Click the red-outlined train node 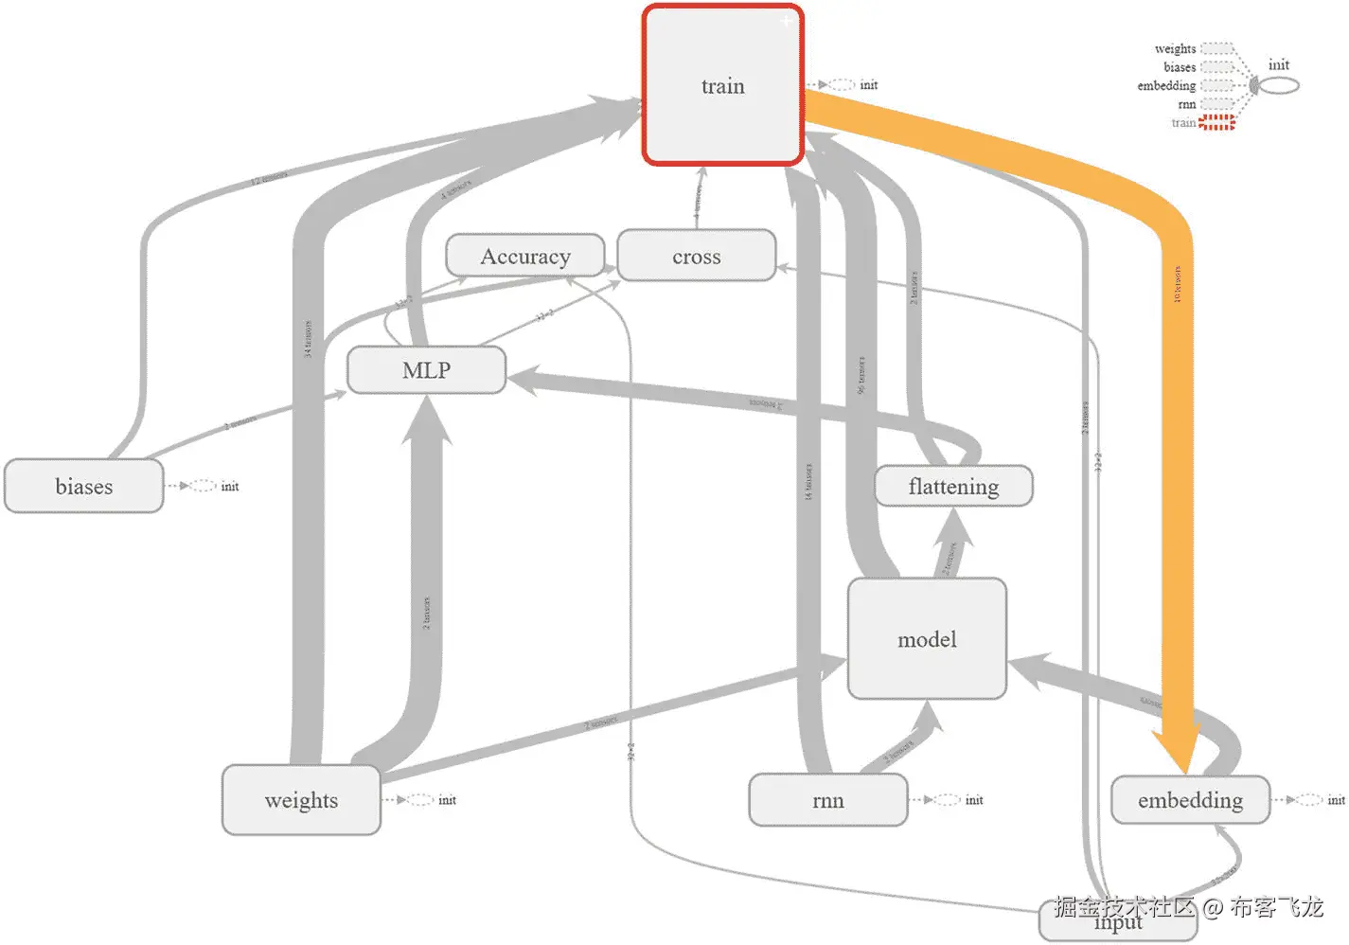(x=722, y=85)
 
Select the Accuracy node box (x=524, y=257)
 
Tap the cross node (x=696, y=257)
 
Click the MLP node (x=426, y=370)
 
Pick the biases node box (x=83, y=487)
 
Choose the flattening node (x=952, y=487)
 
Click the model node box (x=927, y=639)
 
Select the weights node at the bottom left (x=301, y=800)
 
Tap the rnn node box (x=827, y=800)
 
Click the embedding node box (x=1190, y=800)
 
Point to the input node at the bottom (x=1118, y=922)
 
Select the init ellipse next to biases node (x=204, y=486)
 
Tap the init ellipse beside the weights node (x=421, y=800)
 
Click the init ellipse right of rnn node (x=948, y=800)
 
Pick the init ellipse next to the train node (x=842, y=85)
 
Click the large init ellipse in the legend (x=1279, y=85)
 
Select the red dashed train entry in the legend (x=1216, y=122)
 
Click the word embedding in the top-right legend (x=1166, y=85)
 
